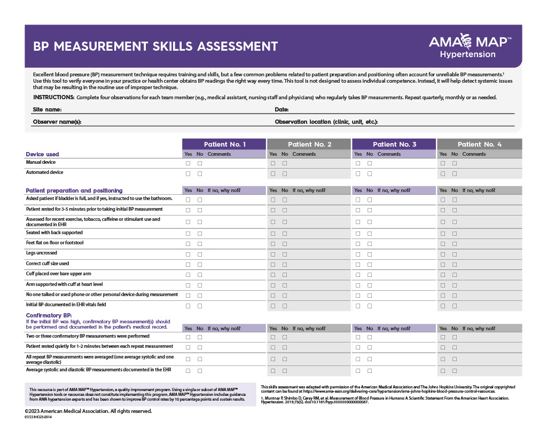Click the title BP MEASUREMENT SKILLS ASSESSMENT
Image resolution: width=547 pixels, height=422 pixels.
coord(155,46)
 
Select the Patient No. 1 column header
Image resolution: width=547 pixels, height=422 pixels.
coord(224,144)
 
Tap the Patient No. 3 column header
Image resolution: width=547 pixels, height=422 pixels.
coord(394,144)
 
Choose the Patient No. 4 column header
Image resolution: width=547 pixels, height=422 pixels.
coord(479,144)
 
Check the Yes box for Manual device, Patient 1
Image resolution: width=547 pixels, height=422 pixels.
coord(188,163)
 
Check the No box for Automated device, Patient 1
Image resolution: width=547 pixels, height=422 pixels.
coord(200,173)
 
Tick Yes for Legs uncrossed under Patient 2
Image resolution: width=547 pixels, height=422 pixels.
coord(273,254)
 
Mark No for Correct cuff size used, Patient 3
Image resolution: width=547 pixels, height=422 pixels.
coord(370,265)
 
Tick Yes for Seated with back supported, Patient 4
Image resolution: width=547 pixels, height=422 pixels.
coord(443,234)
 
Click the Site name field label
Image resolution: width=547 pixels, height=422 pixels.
coord(47,109)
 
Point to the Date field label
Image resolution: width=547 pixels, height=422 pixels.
coord(282,109)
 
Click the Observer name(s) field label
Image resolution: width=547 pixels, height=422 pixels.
coord(57,122)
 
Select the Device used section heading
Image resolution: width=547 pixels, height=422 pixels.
coord(42,154)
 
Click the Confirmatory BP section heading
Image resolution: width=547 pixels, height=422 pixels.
coord(50,315)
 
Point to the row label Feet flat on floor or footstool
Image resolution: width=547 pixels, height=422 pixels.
coord(54,243)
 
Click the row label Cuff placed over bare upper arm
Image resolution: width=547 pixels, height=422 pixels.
coord(58,274)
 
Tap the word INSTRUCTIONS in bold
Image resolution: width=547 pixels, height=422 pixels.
coord(53,98)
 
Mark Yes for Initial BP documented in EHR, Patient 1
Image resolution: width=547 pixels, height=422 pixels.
coord(188,306)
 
